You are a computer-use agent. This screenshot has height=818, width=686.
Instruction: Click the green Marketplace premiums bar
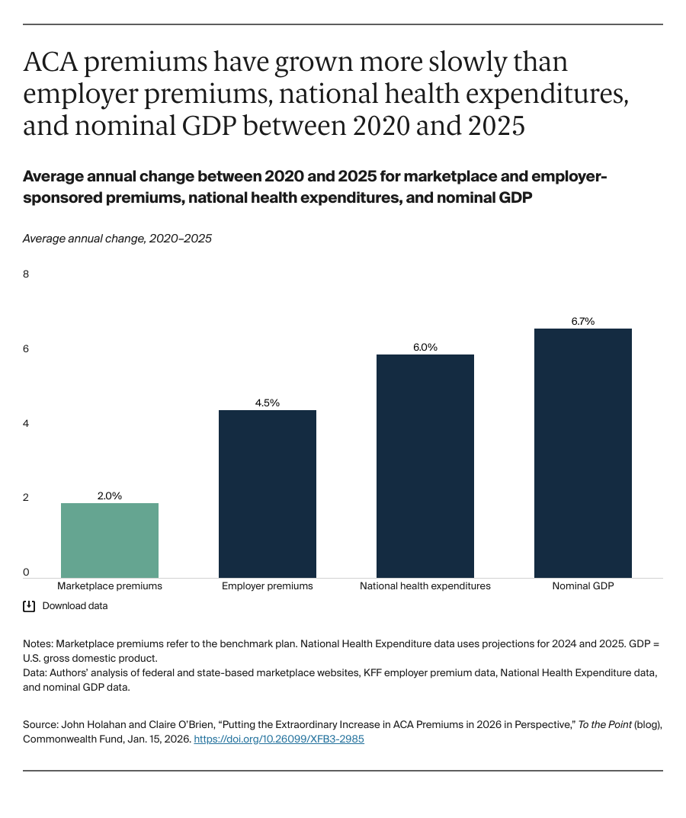click(x=110, y=540)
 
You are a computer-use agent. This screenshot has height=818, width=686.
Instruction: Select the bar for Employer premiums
click(x=268, y=493)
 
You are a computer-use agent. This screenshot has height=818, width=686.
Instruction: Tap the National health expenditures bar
click(x=425, y=466)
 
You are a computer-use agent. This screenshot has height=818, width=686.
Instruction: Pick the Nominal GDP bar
click(x=583, y=453)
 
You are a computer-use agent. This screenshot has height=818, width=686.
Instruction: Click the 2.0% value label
click(x=110, y=496)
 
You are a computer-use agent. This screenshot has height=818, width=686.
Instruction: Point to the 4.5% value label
click(x=268, y=403)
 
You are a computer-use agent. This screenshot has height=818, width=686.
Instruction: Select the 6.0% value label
click(x=425, y=347)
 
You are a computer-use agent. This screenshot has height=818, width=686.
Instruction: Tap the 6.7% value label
click(x=583, y=321)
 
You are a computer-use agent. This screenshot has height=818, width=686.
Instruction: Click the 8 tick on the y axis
click(x=26, y=274)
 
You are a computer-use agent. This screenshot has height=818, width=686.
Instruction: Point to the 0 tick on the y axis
click(x=26, y=572)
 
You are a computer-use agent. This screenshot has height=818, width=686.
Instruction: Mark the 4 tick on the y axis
click(x=26, y=423)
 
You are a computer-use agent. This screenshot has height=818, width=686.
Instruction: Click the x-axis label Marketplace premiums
click(x=110, y=586)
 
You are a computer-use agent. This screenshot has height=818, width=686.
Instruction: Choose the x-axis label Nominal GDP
click(x=583, y=586)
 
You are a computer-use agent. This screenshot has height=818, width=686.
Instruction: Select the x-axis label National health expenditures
click(x=425, y=586)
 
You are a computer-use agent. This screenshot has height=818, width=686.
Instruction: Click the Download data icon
click(x=29, y=606)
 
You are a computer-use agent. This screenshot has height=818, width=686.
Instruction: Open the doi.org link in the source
click(x=279, y=739)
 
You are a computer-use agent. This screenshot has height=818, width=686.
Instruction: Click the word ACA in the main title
click(x=50, y=63)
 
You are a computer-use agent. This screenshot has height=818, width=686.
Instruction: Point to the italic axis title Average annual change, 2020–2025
click(x=117, y=239)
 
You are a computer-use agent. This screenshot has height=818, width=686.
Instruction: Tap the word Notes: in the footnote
click(x=38, y=644)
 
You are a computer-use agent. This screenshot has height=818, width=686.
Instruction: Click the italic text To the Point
click(x=605, y=725)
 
